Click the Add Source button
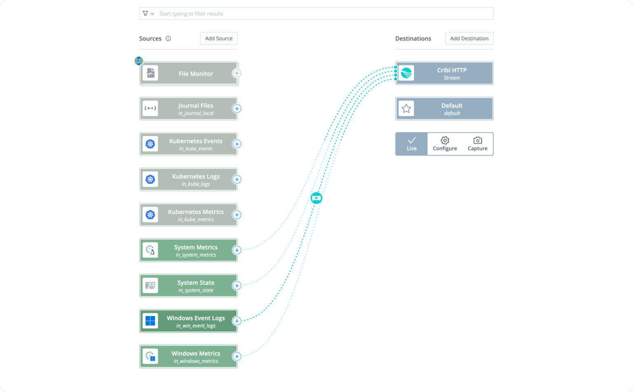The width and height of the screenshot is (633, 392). (219, 38)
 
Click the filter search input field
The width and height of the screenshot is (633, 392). (321, 14)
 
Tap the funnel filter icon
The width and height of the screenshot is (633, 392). (145, 14)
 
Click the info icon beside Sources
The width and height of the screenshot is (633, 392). (168, 38)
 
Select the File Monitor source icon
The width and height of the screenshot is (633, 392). (150, 73)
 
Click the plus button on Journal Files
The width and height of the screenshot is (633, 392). (237, 109)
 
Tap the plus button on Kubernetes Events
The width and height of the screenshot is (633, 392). (237, 144)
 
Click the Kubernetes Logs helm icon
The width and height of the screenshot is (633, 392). (150, 180)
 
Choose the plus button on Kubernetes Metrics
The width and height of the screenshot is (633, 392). (237, 215)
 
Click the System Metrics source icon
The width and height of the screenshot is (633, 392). (150, 250)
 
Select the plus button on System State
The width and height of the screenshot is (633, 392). (237, 286)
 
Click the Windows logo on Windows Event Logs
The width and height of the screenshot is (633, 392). (150, 321)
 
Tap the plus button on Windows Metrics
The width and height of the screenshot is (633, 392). (237, 357)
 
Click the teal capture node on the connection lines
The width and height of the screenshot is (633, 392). (316, 198)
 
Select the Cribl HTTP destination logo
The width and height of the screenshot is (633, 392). (406, 73)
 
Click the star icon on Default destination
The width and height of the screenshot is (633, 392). (406, 109)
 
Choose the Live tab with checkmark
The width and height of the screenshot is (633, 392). (412, 144)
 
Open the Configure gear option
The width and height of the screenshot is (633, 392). (445, 144)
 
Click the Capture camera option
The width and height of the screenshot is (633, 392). (477, 144)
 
